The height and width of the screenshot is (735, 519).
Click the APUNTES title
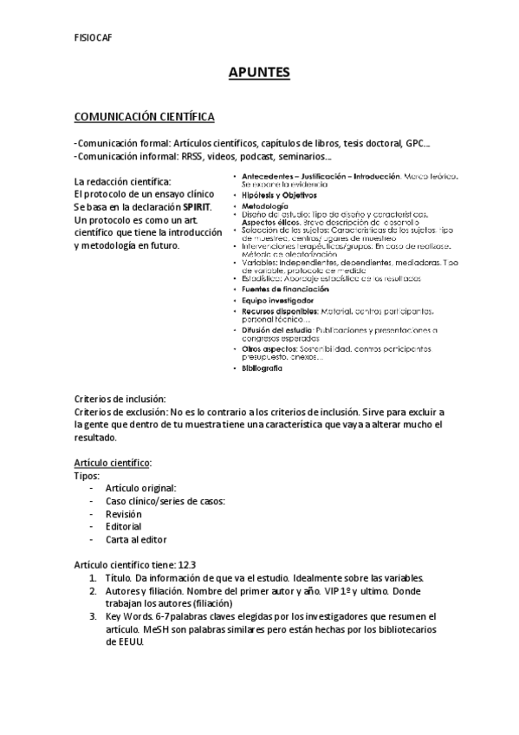click(259, 73)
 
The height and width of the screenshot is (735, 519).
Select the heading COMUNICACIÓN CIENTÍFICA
click(145, 116)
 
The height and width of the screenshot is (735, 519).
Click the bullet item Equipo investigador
click(277, 299)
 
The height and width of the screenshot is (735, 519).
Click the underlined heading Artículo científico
click(114, 463)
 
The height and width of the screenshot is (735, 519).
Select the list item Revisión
click(123, 514)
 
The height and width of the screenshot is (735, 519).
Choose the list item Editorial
click(123, 526)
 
